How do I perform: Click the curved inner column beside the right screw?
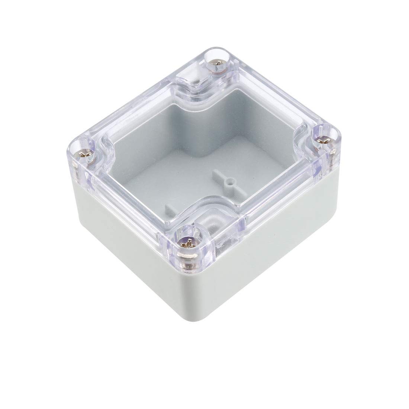[297, 149]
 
